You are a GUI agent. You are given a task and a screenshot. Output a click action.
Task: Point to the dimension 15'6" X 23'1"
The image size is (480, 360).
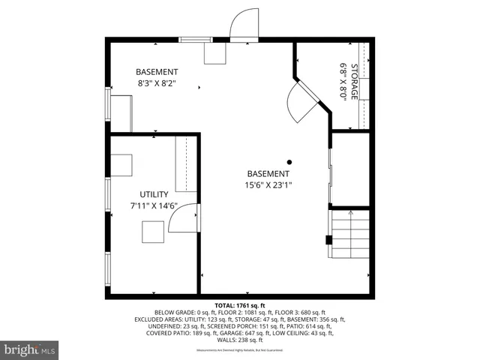pos(268,185)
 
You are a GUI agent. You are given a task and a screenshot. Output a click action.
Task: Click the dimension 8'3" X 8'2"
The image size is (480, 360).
pos(157,84)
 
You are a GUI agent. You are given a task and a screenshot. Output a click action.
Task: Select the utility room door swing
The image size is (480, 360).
pos(182,219)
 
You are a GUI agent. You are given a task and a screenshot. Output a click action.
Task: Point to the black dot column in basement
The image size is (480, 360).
pos(289,161)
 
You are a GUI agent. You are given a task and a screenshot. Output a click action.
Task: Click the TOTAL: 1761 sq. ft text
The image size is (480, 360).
pos(240,306)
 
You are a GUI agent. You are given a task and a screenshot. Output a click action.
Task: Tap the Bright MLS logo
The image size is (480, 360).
pos(29,349)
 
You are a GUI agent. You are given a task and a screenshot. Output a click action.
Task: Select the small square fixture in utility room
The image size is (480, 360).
pos(154,232)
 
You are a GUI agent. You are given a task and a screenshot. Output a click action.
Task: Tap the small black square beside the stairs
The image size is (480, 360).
pos(328,240)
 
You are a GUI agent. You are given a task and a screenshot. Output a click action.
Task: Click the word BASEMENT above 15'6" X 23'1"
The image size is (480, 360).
pos(268,173)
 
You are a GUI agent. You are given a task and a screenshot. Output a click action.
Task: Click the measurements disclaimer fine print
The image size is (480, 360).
pos(240,350)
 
